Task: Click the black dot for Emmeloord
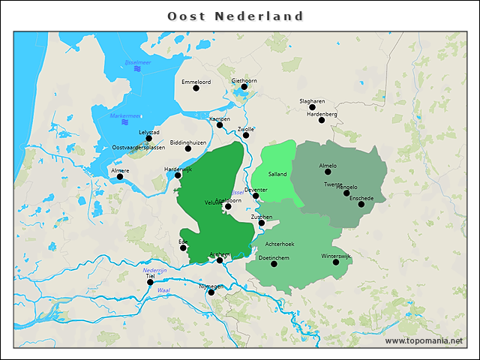pos(196,88)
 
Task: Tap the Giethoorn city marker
pos(244,87)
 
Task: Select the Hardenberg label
pos(322,114)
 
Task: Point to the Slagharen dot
pos(312,107)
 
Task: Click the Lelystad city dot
pos(149,139)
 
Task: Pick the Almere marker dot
pos(120,177)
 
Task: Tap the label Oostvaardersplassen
pos(138,148)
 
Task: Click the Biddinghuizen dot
pos(188,148)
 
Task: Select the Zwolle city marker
pos(245,135)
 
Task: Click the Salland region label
pos(277,174)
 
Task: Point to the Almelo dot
pos(328,172)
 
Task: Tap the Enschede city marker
pos(361,204)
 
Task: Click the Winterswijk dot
pos(336,262)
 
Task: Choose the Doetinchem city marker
pos(273,264)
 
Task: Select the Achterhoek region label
pos(280,244)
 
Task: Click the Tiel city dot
pos(150,283)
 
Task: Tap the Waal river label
pos(163,289)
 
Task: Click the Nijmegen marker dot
pos(211,292)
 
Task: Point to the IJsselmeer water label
pos(138,62)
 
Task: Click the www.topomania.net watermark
pos(424,340)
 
